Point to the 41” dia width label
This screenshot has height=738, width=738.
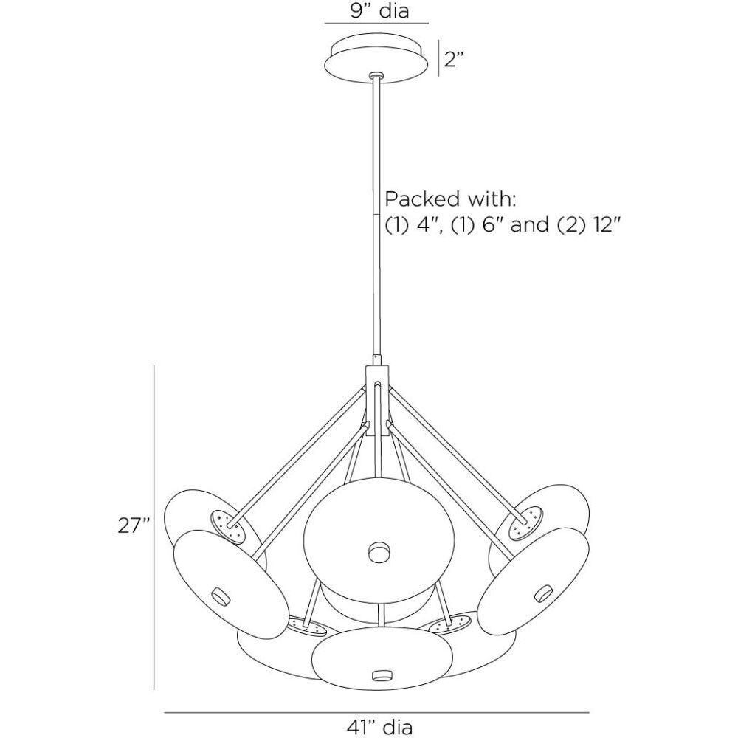[376, 726]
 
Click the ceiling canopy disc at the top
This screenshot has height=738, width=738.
[376, 57]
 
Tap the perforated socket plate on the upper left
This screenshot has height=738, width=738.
[228, 525]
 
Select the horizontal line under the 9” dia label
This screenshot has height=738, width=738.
[376, 24]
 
